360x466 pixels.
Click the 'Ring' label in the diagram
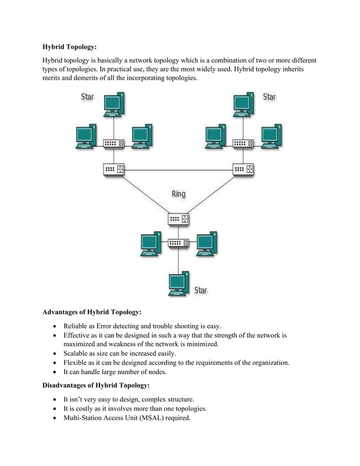pyautogui.click(x=178, y=194)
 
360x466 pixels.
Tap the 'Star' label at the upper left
pyautogui.click(x=87, y=97)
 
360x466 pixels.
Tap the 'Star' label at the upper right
pyautogui.click(x=270, y=97)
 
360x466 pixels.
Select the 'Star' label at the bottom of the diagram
pyautogui.click(x=200, y=290)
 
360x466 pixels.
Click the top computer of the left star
pyautogui.click(x=114, y=105)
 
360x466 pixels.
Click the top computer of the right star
pyautogui.click(x=243, y=105)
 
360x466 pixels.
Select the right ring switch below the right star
pyautogui.click(x=243, y=169)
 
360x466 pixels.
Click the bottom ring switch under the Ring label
pyautogui.click(x=179, y=218)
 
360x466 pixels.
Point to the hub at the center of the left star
pyautogui.click(x=114, y=144)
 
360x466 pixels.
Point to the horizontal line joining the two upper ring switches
pyautogui.click(x=178, y=170)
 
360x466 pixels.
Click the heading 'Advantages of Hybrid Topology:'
pyautogui.click(x=92, y=312)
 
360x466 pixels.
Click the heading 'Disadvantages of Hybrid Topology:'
pyautogui.click(x=96, y=385)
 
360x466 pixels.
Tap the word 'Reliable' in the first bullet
pyautogui.click(x=76, y=326)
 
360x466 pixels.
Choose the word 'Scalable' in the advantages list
pyautogui.click(x=77, y=353)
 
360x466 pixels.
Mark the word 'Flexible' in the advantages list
pyautogui.click(x=77, y=363)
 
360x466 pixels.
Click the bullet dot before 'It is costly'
pyautogui.click(x=54, y=408)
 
